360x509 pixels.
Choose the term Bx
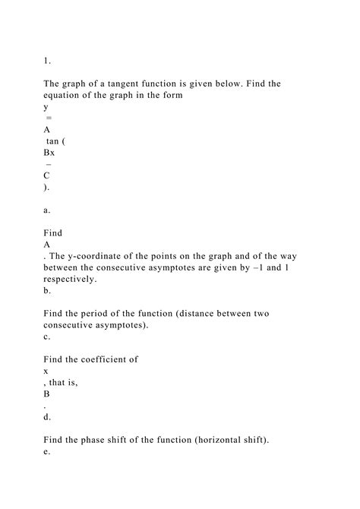click(49, 152)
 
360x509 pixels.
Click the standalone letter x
click(47, 371)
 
